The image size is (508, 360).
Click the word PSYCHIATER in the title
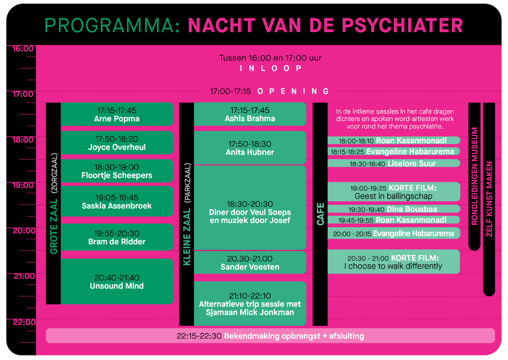402,25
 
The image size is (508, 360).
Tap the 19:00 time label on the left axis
23,185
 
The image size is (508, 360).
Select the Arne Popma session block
117,114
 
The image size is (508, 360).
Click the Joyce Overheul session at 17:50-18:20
117,143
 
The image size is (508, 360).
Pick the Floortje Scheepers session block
117,171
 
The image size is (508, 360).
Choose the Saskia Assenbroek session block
117,201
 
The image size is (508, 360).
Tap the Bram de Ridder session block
117,237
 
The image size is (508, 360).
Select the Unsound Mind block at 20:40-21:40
117,281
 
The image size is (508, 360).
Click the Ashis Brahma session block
250,114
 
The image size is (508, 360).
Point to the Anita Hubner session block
250,147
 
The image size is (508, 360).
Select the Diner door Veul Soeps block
250,208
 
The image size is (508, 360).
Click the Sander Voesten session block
250,263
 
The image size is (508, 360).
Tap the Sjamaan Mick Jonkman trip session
250,304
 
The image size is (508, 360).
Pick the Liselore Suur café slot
393,163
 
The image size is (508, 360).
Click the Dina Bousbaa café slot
393,209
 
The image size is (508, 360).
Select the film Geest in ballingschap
393,192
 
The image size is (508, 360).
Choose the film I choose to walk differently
393,262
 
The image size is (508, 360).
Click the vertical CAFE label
320,214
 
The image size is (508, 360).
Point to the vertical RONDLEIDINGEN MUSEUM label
474,176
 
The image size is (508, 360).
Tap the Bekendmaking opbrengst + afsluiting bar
270,336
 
